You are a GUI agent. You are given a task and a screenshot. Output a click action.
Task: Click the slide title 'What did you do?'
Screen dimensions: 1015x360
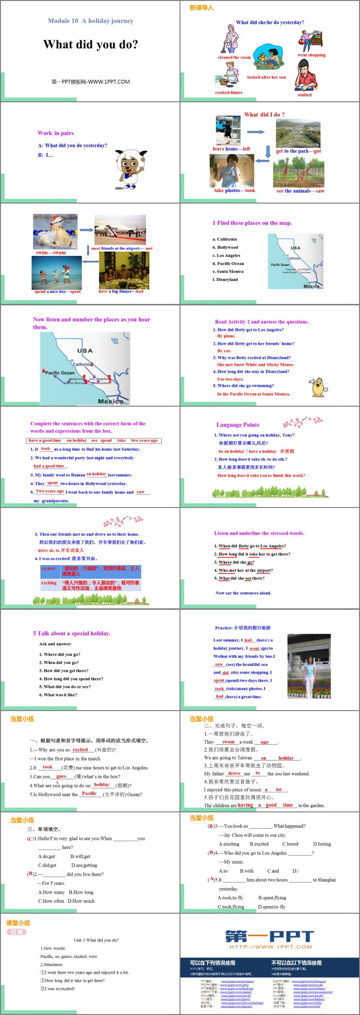(x=91, y=45)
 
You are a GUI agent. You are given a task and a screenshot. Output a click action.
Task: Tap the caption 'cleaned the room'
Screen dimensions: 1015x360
(x=234, y=58)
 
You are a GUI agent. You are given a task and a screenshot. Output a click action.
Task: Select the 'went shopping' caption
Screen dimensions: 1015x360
(x=311, y=55)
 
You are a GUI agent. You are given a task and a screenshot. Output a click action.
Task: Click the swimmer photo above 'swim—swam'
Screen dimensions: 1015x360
(x=55, y=232)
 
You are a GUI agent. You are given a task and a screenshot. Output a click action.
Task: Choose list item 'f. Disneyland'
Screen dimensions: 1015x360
(x=227, y=279)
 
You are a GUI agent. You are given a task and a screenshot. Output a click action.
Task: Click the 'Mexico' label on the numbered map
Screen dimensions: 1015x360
(x=110, y=401)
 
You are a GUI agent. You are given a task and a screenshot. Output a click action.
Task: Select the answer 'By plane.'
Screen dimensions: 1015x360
(x=226, y=336)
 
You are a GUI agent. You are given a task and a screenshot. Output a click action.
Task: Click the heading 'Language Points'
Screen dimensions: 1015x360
(x=238, y=425)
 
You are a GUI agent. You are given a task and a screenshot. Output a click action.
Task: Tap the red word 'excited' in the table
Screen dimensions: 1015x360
(x=48, y=568)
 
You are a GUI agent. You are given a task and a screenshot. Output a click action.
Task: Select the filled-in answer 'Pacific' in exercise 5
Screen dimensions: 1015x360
(x=89, y=794)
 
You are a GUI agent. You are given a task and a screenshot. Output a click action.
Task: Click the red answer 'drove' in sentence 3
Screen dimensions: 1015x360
(x=234, y=773)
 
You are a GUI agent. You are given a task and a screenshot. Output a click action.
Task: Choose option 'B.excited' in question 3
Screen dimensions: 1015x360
(x=259, y=844)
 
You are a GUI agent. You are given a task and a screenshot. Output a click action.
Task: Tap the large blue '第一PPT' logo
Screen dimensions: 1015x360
(x=270, y=936)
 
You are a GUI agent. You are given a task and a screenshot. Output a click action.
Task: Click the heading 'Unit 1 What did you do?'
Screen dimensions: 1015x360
(x=96, y=940)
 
